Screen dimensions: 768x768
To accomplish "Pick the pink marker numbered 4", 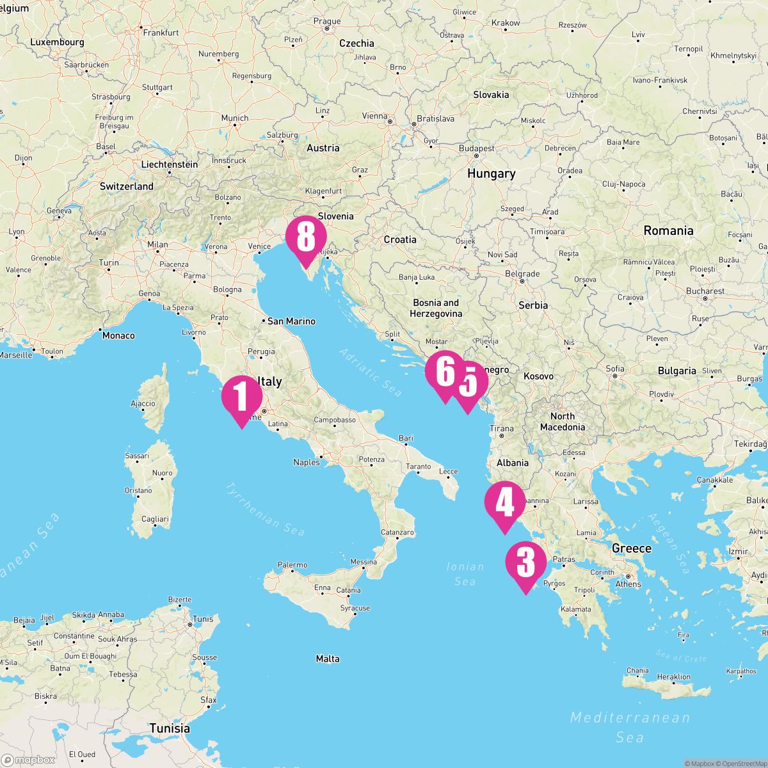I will (505, 504).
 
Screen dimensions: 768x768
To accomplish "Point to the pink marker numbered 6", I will (445, 372).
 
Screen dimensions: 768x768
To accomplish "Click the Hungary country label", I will (491, 173).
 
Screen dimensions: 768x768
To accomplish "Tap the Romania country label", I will (668, 230).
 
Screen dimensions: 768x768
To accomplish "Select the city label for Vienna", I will (375, 116).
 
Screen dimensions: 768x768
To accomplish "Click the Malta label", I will (328, 659).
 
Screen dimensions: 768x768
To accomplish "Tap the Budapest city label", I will (476, 148).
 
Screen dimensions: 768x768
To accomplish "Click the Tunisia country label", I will (170, 728).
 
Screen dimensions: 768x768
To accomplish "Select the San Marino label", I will (291, 321).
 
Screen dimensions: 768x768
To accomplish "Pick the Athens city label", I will (628, 584).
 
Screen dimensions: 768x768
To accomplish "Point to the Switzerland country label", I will (126, 186).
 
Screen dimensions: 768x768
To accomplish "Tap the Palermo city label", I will (292, 565).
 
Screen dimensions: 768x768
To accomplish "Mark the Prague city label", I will (327, 21).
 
